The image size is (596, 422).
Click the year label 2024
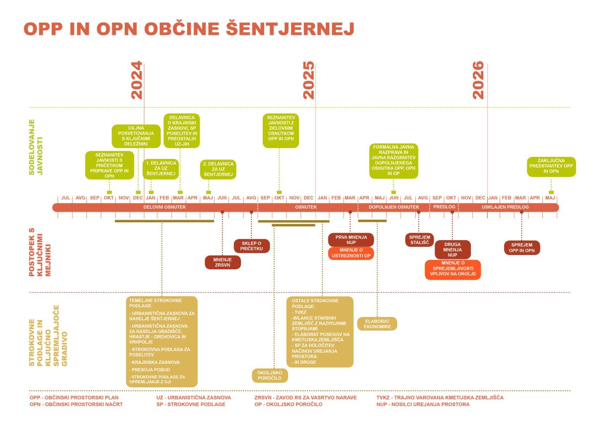[137, 80]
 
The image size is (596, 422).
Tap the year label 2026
[478, 80]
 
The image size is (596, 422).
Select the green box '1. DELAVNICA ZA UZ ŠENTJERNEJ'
[161, 169]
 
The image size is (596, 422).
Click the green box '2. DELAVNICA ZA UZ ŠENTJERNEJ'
[218, 169]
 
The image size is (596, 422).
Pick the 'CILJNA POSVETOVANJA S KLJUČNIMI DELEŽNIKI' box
[136, 136]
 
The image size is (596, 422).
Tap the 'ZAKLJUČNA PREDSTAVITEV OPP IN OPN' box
[551, 167]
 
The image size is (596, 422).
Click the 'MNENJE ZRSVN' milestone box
[223, 262]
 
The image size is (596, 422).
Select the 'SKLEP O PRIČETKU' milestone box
[252, 246]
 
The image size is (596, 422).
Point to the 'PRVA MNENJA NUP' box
[351, 240]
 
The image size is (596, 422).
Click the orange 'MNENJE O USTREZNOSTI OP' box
[351, 253]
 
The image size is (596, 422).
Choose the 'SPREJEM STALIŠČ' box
[420, 240]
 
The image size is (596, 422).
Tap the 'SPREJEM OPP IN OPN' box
[522, 248]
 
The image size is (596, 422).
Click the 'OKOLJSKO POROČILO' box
[270, 375]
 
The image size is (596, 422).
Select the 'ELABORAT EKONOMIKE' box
[377, 324]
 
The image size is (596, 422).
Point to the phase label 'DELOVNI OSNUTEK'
[165, 207]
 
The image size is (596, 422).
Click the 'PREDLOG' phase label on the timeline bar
[444, 207]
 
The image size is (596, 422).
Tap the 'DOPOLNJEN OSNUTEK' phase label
[394, 207]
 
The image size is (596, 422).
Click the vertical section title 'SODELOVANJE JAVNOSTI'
[36, 147]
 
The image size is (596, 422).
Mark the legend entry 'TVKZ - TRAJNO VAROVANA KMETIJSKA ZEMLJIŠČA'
[440, 398]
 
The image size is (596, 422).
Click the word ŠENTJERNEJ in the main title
[290, 29]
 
